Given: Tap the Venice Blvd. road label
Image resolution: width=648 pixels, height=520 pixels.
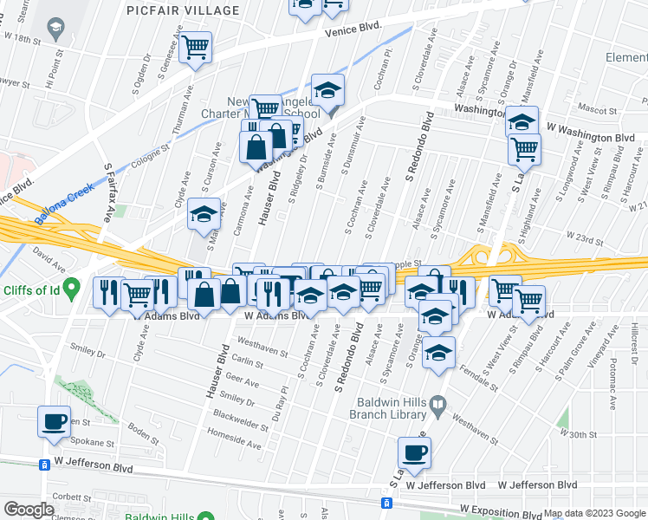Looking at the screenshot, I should point(353,29).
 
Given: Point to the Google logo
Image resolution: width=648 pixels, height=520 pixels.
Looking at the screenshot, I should point(29,510).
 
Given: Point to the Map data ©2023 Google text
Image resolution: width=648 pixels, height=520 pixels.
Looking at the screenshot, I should point(594,514).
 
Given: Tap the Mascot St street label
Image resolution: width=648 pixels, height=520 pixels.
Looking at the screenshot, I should point(597,111).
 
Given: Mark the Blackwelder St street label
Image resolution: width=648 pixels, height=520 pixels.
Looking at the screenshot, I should point(243,415).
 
